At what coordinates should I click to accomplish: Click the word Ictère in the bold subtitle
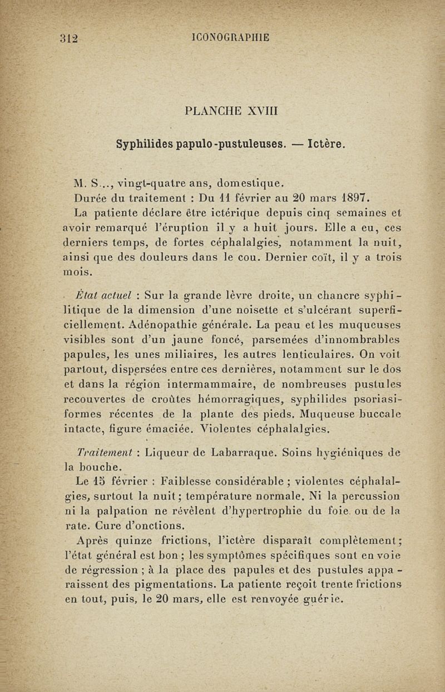323,144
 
